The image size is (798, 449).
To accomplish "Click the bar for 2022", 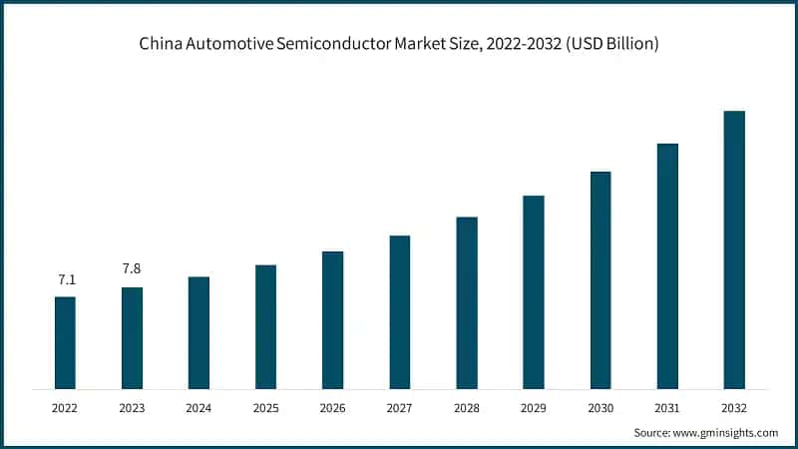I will (x=65, y=342).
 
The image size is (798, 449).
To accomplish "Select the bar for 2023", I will (x=132, y=337).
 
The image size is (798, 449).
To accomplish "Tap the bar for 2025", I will (x=265, y=326).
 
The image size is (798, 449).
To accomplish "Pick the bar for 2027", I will (x=399, y=311).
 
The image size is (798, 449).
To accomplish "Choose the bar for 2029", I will (x=534, y=291).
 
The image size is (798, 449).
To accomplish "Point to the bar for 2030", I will (x=600, y=279).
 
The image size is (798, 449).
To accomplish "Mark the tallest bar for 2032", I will (x=734, y=249).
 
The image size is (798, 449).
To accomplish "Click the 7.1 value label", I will (x=65, y=280).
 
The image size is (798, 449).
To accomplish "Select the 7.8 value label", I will (x=132, y=269).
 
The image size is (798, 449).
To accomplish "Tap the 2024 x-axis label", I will (x=199, y=407).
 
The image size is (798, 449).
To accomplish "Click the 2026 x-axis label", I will (x=332, y=407).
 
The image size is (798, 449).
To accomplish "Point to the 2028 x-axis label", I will (x=467, y=407).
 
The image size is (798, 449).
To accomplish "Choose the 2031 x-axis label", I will (x=667, y=407).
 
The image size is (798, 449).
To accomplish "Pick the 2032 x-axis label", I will (x=734, y=407).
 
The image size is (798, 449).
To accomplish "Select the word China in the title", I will (x=158, y=45).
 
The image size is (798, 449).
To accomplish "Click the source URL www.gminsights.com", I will (x=725, y=432).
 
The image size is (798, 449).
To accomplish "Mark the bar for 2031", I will (x=667, y=265).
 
